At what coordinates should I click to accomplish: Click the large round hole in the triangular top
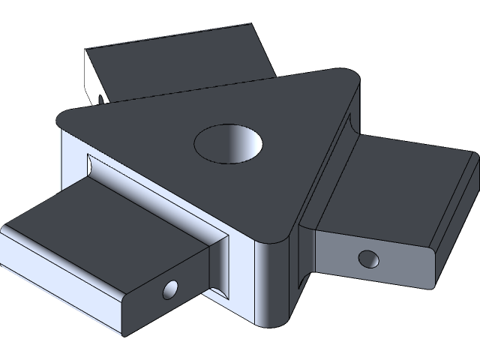click(x=229, y=142)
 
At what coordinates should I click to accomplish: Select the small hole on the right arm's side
click(x=368, y=259)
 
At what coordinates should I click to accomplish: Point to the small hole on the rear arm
click(x=100, y=97)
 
